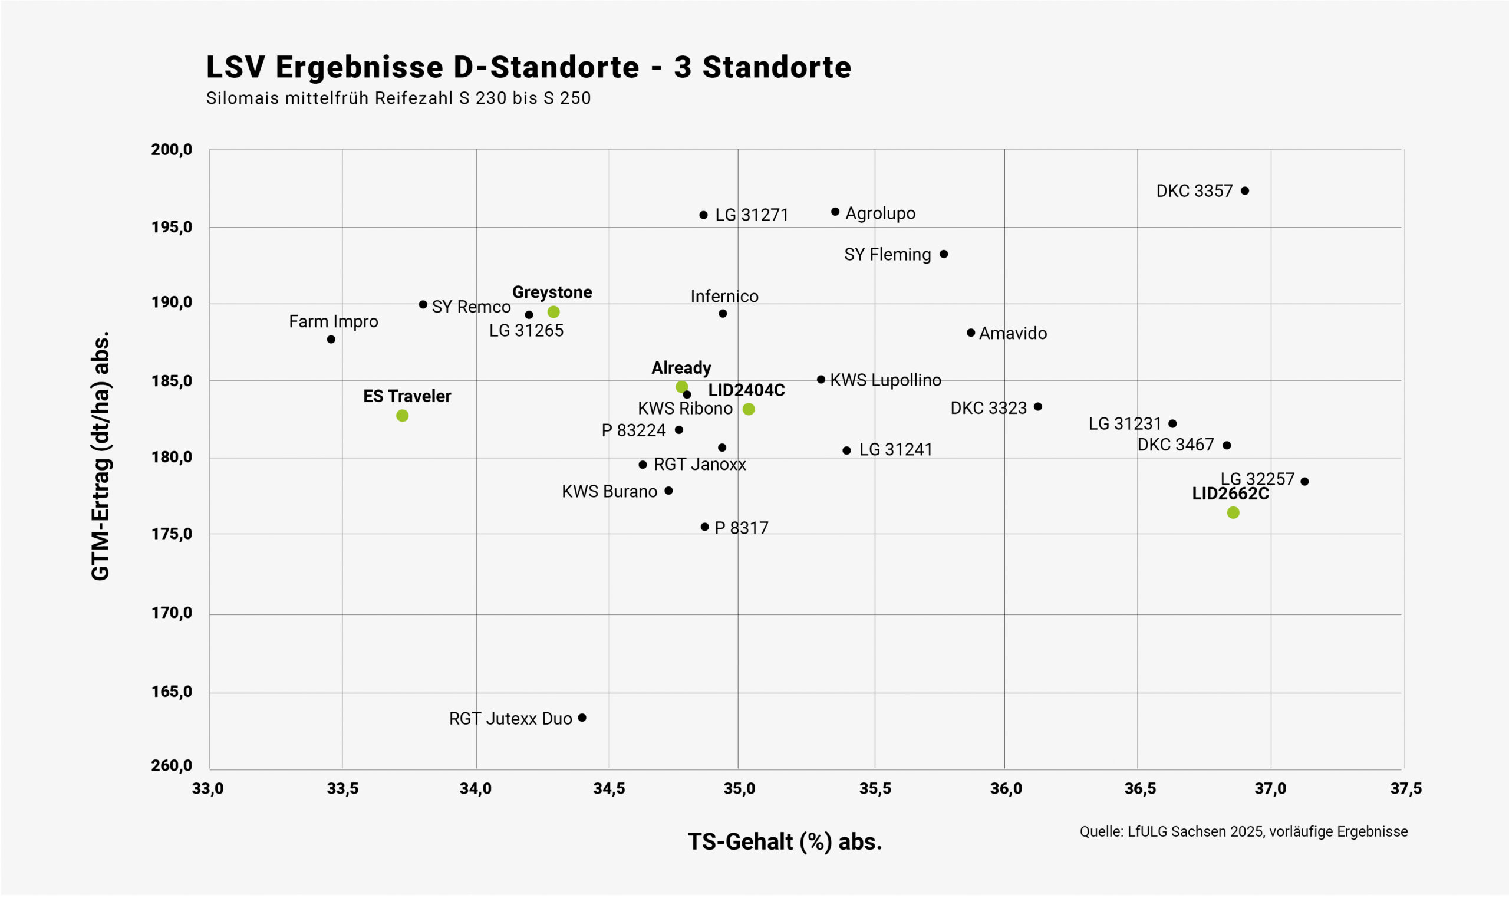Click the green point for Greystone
(553, 312)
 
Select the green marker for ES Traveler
(402, 415)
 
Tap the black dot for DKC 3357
(1245, 190)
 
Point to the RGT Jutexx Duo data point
(582, 718)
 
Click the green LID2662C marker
(1233, 512)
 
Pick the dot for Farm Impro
(331, 340)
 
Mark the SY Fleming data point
(944, 254)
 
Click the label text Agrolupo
(880, 213)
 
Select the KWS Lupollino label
(885, 380)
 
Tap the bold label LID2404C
(746, 390)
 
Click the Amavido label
(1013, 333)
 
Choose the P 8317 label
(741, 528)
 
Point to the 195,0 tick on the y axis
(172, 227)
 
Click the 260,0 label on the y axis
(172, 765)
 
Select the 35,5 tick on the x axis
(875, 788)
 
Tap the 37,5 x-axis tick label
(1406, 788)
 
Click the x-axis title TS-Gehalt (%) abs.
(785, 842)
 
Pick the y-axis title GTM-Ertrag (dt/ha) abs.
(100, 456)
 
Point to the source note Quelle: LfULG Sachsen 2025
(1244, 831)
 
